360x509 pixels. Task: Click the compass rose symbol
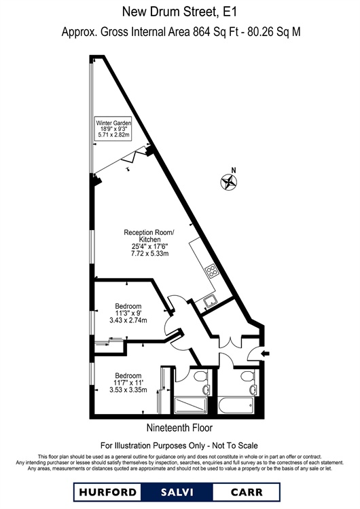[229, 182]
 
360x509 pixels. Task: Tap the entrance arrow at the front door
[266, 354]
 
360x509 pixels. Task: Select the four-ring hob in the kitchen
[211, 271]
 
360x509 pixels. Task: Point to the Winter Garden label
[113, 123]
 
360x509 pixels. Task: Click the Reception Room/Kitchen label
[149, 236]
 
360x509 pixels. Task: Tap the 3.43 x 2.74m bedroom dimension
[128, 320]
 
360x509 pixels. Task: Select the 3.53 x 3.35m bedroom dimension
[128, 390]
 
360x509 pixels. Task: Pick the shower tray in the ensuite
[191, 404]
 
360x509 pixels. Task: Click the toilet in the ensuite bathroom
[199, 377]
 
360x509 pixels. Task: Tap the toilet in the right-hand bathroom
[247, 377]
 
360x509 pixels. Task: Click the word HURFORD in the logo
[107, 492]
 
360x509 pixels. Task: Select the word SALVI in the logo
[177, 492]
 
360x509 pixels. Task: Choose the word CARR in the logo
[247, 492]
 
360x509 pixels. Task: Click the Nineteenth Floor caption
[180, 428]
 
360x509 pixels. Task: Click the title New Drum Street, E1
[179, 12]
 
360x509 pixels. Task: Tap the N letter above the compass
[233, 170]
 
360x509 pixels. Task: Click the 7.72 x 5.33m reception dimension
[150, 254]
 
